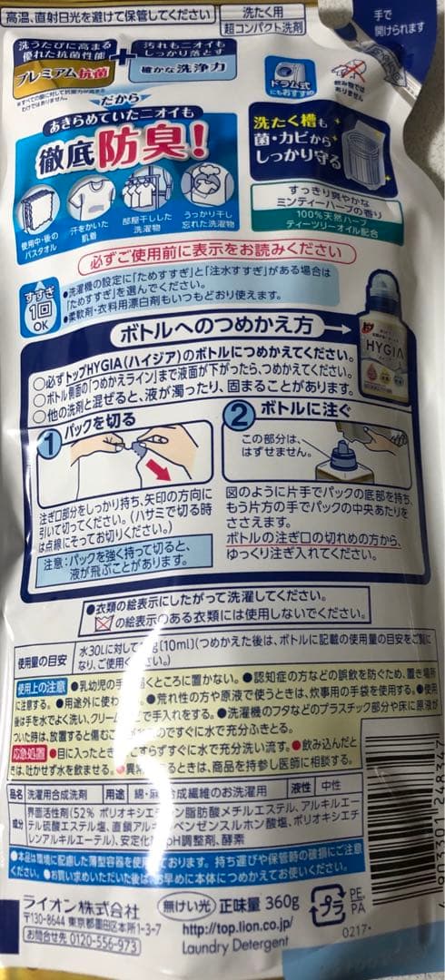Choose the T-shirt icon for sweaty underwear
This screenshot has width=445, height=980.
(93, 201)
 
